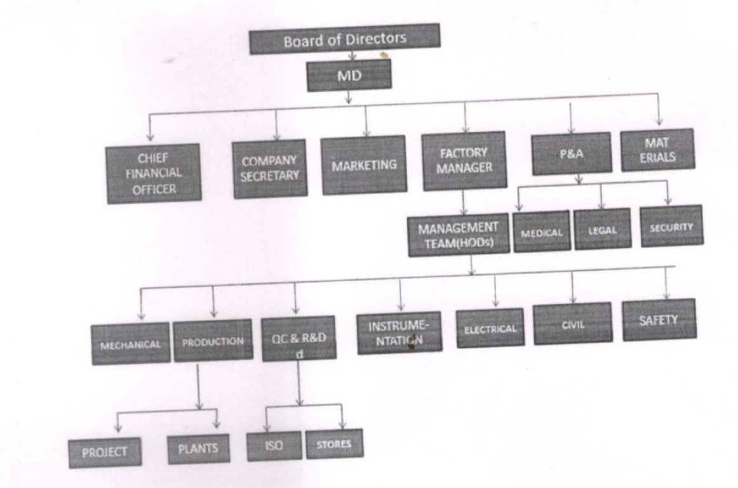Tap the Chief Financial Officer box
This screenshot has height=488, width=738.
tap(144, 173)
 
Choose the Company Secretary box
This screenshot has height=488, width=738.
tap(269, 168)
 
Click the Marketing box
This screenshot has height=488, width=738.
tap(364, 164)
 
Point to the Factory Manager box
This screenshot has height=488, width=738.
tap(464, 161)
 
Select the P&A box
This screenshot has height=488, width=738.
tap(570, 154)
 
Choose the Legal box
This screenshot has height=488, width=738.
tap(602, 228)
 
